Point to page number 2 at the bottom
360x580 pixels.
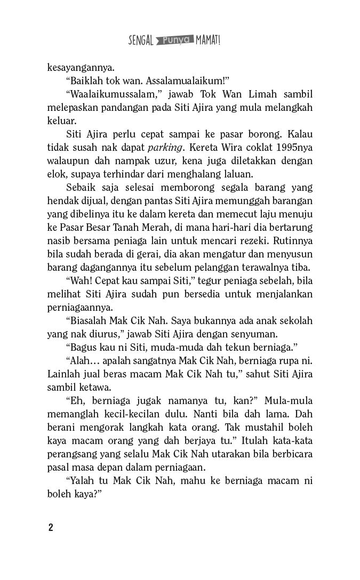click(50, 528)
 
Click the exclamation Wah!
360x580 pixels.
click(79, 280)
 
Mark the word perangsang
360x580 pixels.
click(71, 454)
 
